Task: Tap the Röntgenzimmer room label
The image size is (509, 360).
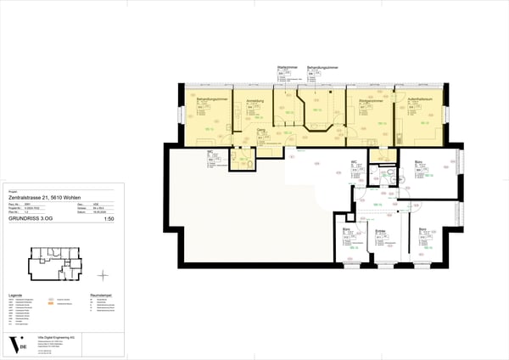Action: [x=362, y=99]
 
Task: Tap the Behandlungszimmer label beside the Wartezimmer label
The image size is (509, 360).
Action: [x=322, y=65]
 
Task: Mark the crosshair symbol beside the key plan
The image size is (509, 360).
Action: [x=103, y=274]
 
